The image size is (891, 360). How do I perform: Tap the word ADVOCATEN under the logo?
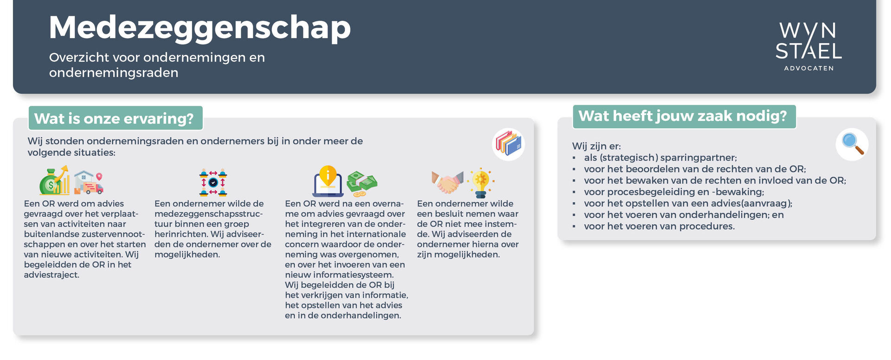tap(809, 68)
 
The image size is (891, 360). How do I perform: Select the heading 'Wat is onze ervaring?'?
tap(114, 118)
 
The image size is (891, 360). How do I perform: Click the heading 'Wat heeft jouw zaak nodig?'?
tap(683, 116)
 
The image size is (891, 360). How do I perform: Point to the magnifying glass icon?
tap(852, 144)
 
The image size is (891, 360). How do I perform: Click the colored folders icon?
tap(509, 143)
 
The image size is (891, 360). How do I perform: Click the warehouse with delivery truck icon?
tap(88, 182)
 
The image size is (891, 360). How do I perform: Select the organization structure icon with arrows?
tap(213, 182)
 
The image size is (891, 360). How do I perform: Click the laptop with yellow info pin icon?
tap(328, 181)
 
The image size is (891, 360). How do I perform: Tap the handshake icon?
tap(447, 182)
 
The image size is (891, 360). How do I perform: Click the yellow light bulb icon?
tap(481, 182)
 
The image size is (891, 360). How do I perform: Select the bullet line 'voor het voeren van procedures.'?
tap(659, 226)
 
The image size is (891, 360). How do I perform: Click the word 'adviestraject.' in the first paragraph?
tap(52, 275)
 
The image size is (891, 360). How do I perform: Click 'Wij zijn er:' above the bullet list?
tap(596, 146)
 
